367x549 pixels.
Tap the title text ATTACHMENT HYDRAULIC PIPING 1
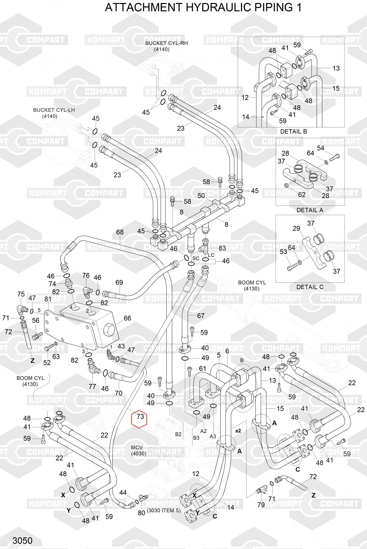(203, 8)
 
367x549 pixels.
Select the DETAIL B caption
(293, 131)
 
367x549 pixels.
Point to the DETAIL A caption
(310, 210)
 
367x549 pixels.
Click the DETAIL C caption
(310, 287)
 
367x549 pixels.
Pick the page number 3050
(22, 540)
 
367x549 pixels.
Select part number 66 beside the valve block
(127, 318)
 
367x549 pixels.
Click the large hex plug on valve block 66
(109, 329)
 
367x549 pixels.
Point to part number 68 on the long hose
(120, 232)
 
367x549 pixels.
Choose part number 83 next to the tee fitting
(222, 248)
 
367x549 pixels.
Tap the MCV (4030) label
(139, 450)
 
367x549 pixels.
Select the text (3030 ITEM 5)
(163, 511)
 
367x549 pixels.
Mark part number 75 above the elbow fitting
(21, 294)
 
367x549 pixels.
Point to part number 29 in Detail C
(296, 228)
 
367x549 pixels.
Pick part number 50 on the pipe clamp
(201, 196)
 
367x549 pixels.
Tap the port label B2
(178, 434)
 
